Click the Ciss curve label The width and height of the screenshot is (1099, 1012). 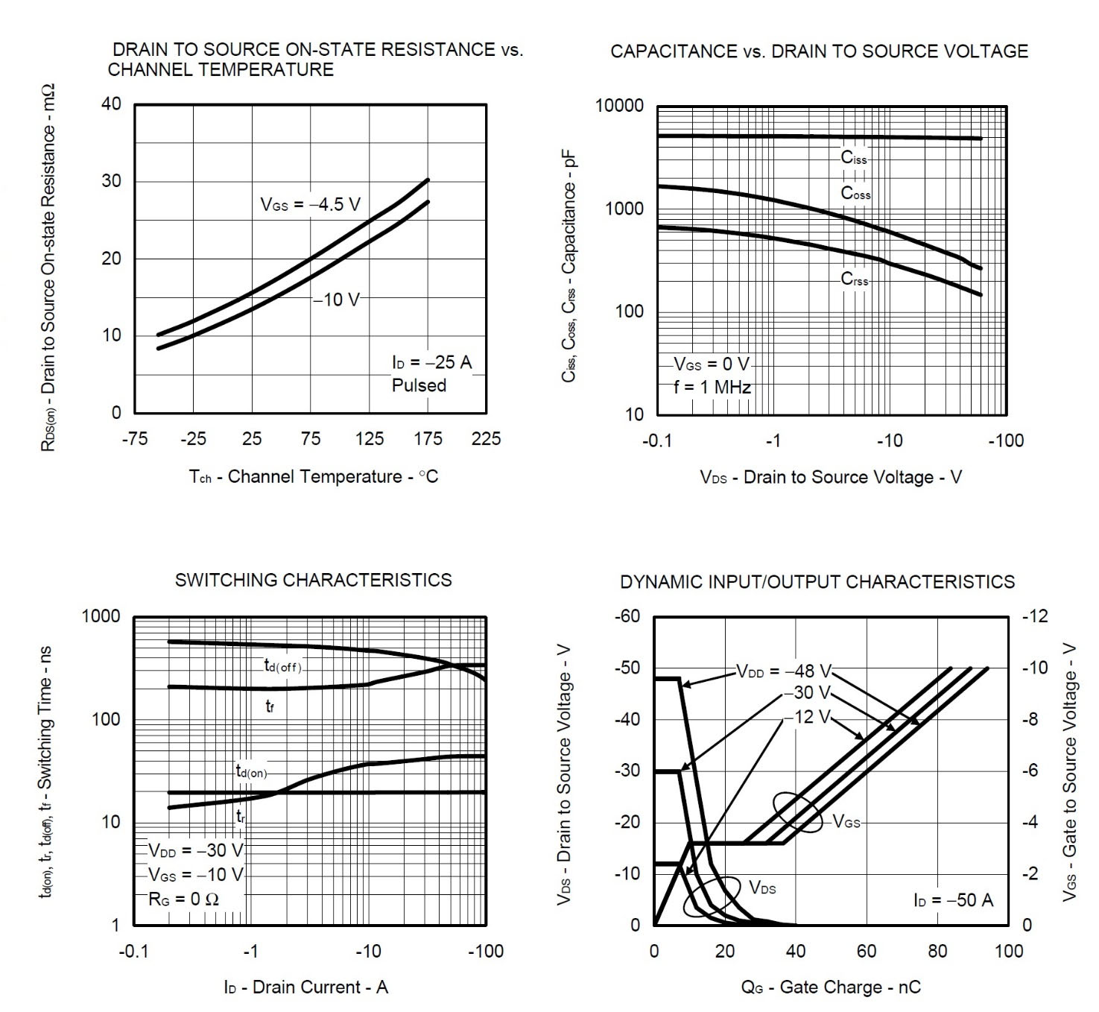[854, 158]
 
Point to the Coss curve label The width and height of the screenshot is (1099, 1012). [855, 193]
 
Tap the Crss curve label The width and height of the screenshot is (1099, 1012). [855, 279]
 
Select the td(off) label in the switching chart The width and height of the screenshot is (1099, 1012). [283, 666]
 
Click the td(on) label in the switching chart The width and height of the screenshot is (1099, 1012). [251, 772]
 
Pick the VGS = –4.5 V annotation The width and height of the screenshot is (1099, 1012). [310, 205]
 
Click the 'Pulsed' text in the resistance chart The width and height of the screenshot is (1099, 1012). [419, 385]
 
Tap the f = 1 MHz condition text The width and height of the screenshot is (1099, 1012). [712, 388]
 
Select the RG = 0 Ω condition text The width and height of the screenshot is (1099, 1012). [184, 899]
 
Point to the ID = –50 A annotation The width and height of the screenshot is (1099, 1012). [953, 900]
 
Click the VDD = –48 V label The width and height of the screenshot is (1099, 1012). [784, 671]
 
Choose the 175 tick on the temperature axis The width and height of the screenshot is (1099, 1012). [428, 439]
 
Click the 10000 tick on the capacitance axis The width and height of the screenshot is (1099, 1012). [619, 106]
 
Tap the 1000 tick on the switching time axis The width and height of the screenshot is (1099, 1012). [101, 616]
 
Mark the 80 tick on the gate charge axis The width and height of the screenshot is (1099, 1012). [937, 951]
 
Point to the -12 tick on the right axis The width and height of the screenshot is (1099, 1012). [1035, 616]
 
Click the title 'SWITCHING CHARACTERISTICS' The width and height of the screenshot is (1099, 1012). [313, 580]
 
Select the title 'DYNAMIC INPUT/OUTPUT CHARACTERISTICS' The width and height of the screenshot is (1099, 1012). [817, 582]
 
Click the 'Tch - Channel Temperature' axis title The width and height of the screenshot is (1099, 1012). [313, 477]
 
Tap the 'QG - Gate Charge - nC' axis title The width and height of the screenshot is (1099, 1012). [830, 987]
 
